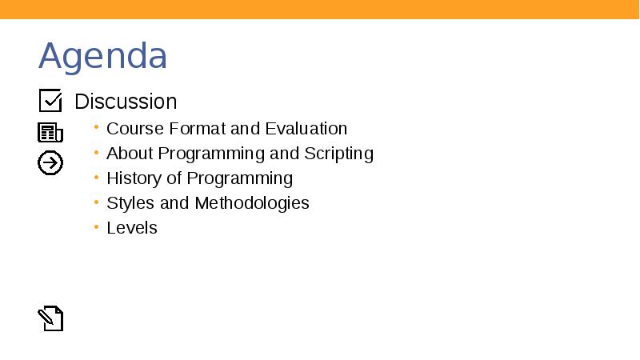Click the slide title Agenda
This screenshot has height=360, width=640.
click(x=103, y=56)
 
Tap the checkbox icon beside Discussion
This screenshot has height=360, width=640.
click(x=50, y=101)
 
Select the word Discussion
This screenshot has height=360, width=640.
click(x=126, y=102)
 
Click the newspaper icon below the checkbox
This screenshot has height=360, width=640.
click(x=50, y=133)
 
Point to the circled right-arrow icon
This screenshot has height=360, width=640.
click(x=50, y=163)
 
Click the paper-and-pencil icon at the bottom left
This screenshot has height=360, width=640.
click(x=50, y=318)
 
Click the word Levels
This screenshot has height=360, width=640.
click(x=132, y=228)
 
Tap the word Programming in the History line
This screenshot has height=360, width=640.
click(x=240, y=178)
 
